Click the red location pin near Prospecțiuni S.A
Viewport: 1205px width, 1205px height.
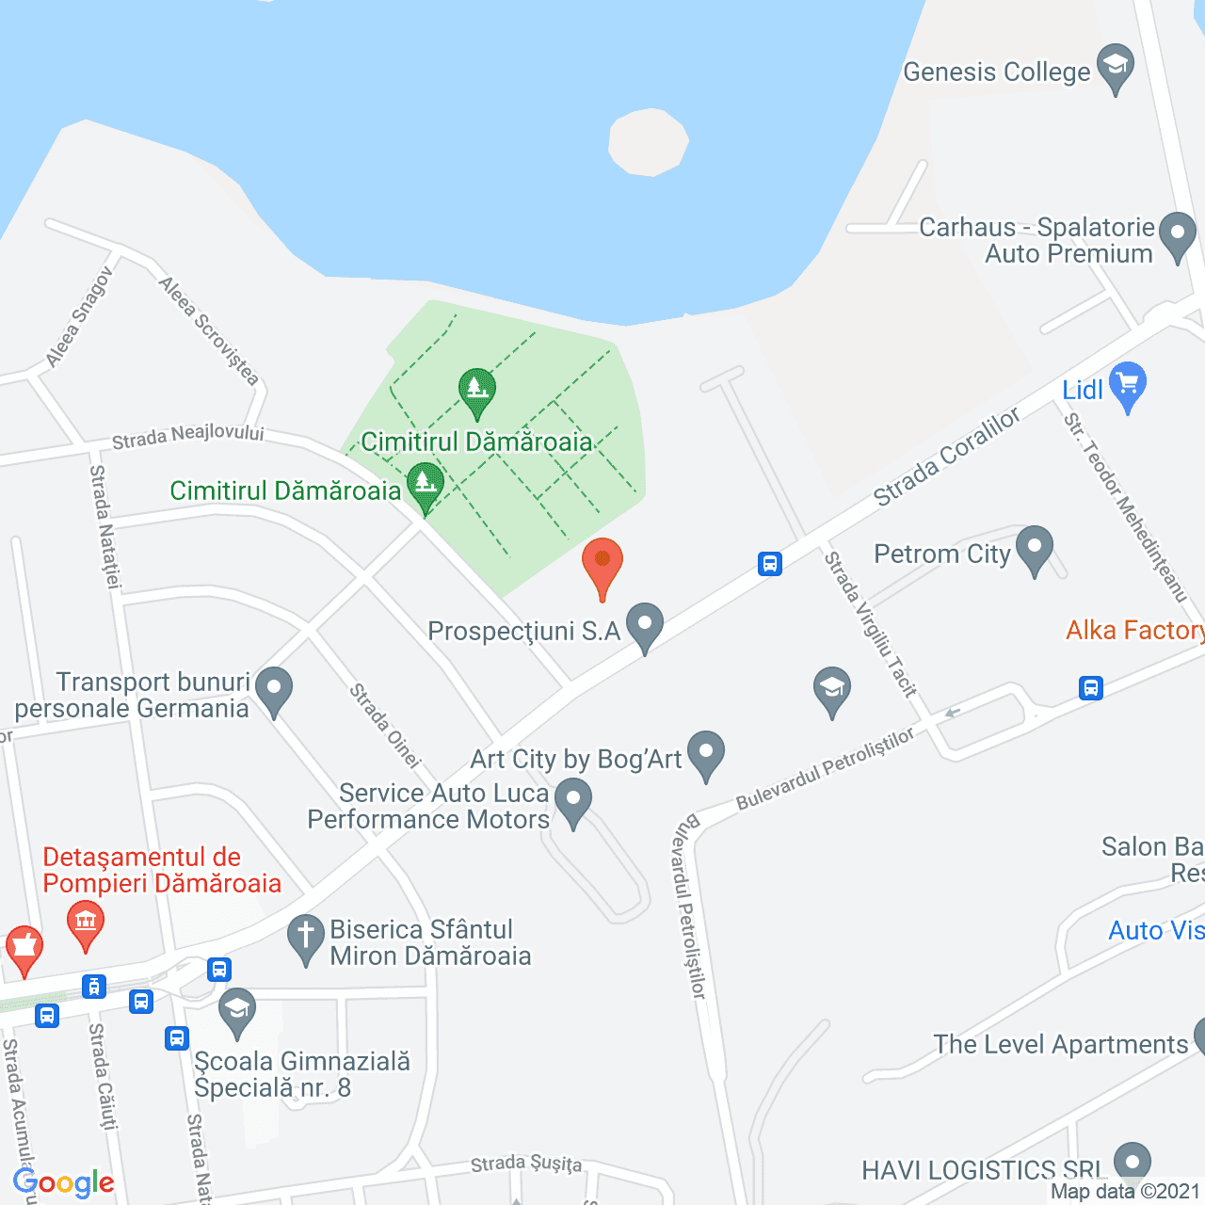(602, 565)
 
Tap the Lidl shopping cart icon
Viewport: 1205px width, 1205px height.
(1128, 384)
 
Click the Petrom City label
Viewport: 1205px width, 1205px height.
(941, 554)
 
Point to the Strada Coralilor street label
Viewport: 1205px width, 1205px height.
(946, 458)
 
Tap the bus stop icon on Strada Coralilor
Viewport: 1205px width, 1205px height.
(770, 564)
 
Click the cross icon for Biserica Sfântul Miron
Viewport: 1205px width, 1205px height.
(305, 938)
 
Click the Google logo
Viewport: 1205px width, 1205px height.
(64, 1182)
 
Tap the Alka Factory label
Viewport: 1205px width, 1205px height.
(1134, 630)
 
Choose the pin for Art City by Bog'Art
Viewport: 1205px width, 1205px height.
(705, 753)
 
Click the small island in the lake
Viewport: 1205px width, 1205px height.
(648, 142)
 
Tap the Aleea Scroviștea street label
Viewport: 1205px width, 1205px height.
(208, 330)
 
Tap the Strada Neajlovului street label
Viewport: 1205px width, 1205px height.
(187, 437)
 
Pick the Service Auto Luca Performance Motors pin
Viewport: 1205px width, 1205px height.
(572, 804)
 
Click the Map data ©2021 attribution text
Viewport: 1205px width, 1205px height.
(1126, 1191)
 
